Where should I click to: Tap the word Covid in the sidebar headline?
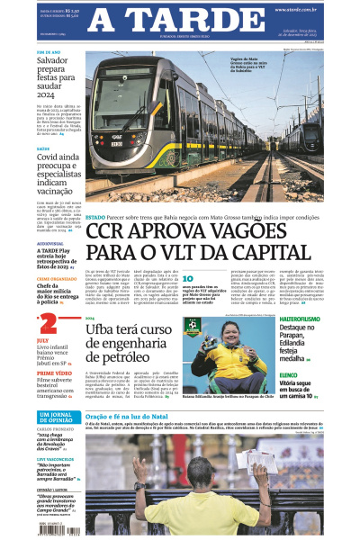click(49, 157)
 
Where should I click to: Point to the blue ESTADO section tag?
click(94, 217)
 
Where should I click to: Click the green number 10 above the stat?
click(189, 280)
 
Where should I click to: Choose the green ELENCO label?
click(290, 373)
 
